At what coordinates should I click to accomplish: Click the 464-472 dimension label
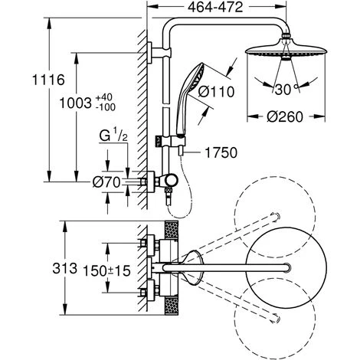click(x=215, y=8)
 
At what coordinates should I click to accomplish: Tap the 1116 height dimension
click(x=48, y=80)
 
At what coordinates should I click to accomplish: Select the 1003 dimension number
click(x=75, y=103)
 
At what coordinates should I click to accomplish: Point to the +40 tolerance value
click(x=104, y=97)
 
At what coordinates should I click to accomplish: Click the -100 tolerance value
click(x=106, y=107)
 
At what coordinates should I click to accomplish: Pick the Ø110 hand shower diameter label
click(x=216, y=92)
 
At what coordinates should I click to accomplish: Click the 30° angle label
click(x=286, y=90)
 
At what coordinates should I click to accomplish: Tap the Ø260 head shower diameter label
click(x=285, y=117)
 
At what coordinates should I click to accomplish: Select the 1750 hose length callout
click(x=221, y=152)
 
